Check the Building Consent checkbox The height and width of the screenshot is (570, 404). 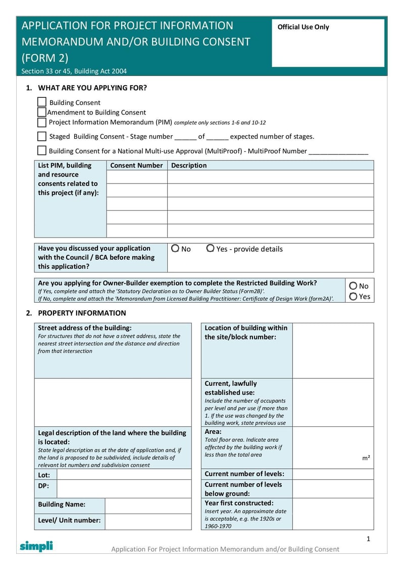(x=42, y=102)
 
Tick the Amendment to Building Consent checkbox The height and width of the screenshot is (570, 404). (x=42, y=112)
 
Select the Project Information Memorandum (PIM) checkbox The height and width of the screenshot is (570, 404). (x=42, y=122)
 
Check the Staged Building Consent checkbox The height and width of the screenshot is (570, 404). (x=42, y=136)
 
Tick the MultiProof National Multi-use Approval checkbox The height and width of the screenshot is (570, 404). (x=42, y=150)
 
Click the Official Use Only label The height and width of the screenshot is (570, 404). (x=303, y=27)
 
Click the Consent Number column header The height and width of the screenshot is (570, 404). (x=136, y=165)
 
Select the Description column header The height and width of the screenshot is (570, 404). (x=189, y=165)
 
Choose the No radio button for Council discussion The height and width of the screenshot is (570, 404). (x=175, y=249)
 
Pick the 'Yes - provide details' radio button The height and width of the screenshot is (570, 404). (x=210, y=249)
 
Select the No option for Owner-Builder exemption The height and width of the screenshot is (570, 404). (x=353, y=286)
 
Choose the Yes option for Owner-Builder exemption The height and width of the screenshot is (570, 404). (x=353, y=297)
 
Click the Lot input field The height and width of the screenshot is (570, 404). (x=124, y=475)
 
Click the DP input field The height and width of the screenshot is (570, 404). (x=124, y=489)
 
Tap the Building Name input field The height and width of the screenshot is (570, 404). (x=148, y=506)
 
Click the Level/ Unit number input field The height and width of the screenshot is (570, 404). (x=148, y=522)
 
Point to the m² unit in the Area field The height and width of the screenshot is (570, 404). (x=366, y=458)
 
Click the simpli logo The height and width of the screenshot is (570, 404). (x=36, y=546)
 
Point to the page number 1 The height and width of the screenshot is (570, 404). (x=368, y=539)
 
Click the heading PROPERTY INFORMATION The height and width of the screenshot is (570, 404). (x=82, y=313)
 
